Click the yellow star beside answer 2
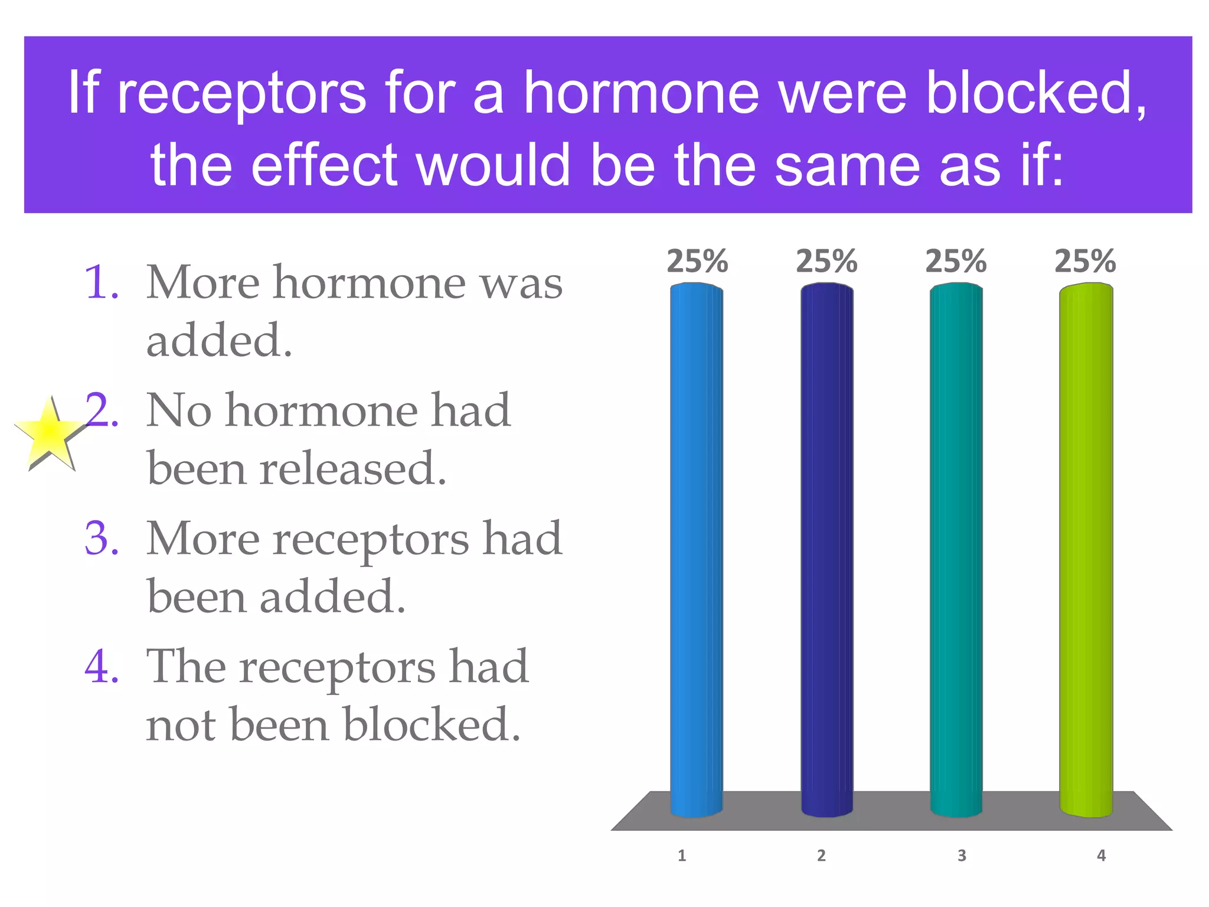(50, 435)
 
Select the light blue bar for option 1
(696, 549)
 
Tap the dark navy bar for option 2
(826, 549)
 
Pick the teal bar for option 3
(956, 549)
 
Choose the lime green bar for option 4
(1086, 549)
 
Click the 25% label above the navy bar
(826, 261)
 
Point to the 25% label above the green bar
(1085, 261)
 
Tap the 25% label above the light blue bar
(697, 261)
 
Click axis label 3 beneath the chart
(962, 856)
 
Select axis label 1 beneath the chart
(682, 856)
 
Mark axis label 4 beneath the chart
(1101, 856)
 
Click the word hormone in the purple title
(641, 93)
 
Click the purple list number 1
(102, 283)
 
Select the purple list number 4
(102, 667)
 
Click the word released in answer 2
(352, 468)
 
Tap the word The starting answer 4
(186, 667)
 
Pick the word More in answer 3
(202, 539)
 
